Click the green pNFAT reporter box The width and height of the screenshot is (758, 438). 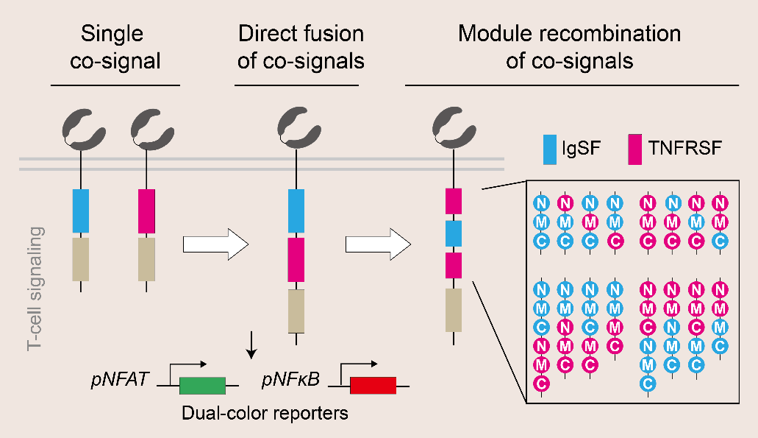[x=202, y=385]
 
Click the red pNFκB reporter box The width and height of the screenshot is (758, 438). [x=373, y=385]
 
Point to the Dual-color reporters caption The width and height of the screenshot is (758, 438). [x=265, y=413]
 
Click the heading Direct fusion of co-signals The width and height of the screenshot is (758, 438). [x=301, y=46]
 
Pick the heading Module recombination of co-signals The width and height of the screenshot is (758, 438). [x=570, y=46]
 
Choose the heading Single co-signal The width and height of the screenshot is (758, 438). [x=115, y=46]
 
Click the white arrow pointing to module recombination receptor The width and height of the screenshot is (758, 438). [x=377, y=244]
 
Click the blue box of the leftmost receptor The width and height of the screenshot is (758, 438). [x=81, y=211]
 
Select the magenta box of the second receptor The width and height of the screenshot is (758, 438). [x=147, y=211]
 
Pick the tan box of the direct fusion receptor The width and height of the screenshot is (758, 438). [x=296, y=311]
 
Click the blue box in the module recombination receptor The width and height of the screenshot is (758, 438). [x=453, y=233]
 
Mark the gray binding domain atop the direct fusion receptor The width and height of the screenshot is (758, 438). [x=296, y=129]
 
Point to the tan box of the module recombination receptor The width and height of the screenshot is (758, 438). [x=453, y=309]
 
